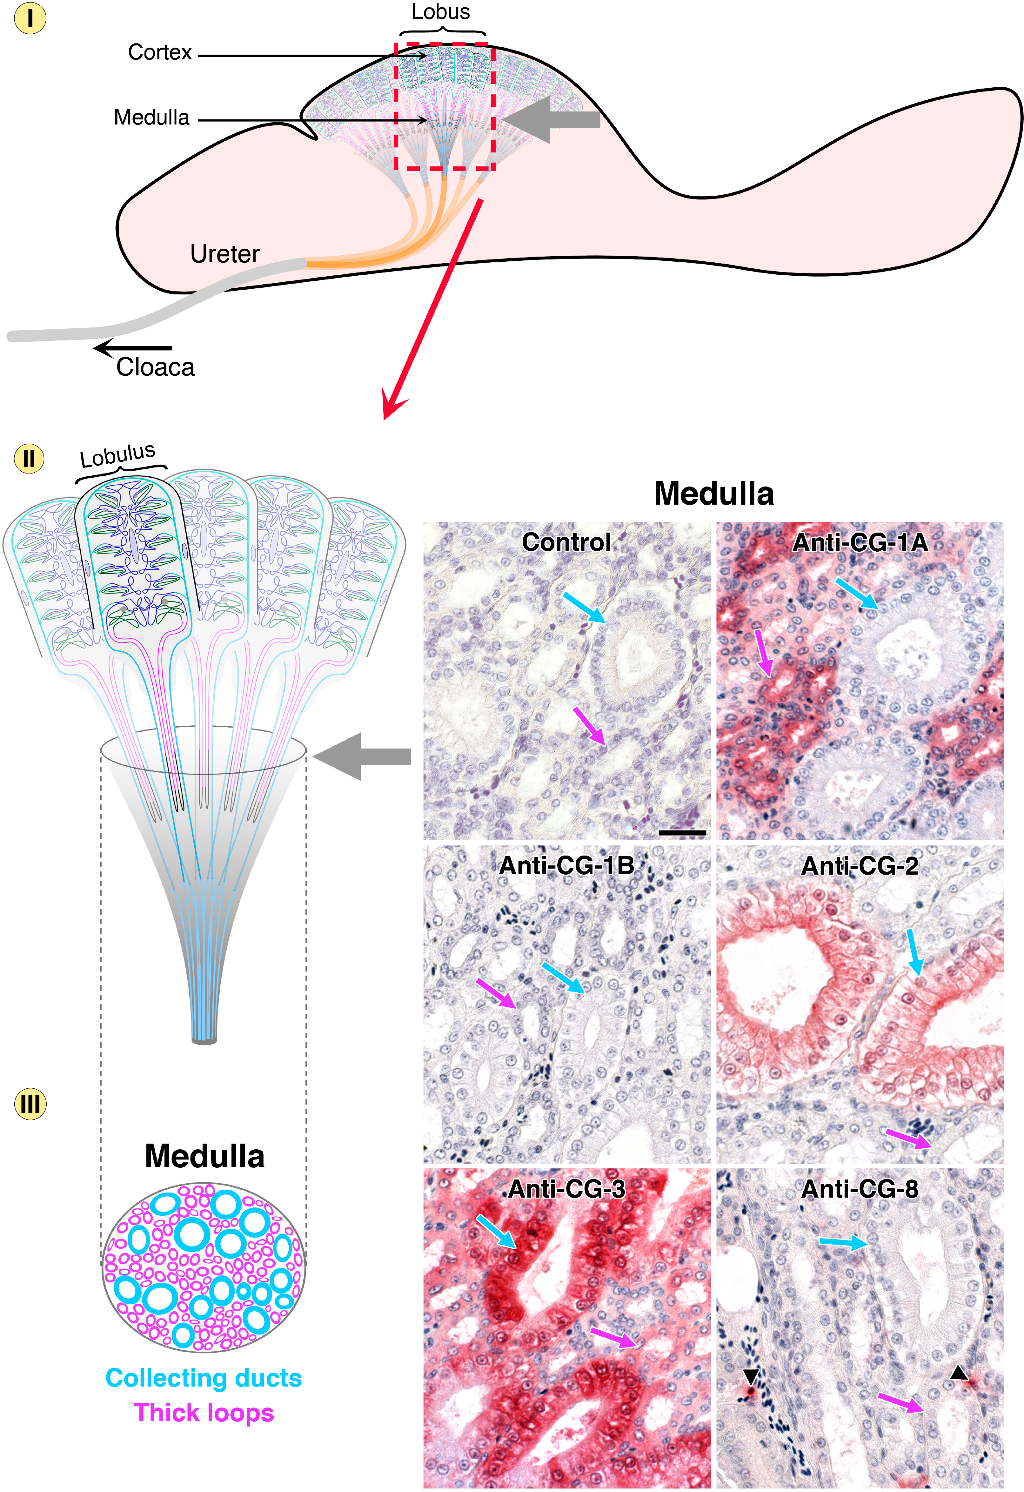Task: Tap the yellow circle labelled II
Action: (30, 459)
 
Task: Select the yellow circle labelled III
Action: (30, 1104)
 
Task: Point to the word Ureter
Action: (225, 254)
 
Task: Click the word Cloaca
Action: (155, 367)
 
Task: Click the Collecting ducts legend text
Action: (204, 1378)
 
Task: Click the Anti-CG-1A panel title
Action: (860, 543)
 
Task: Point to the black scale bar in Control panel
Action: (682, 833)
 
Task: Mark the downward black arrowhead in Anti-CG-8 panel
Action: (751, 1375)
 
